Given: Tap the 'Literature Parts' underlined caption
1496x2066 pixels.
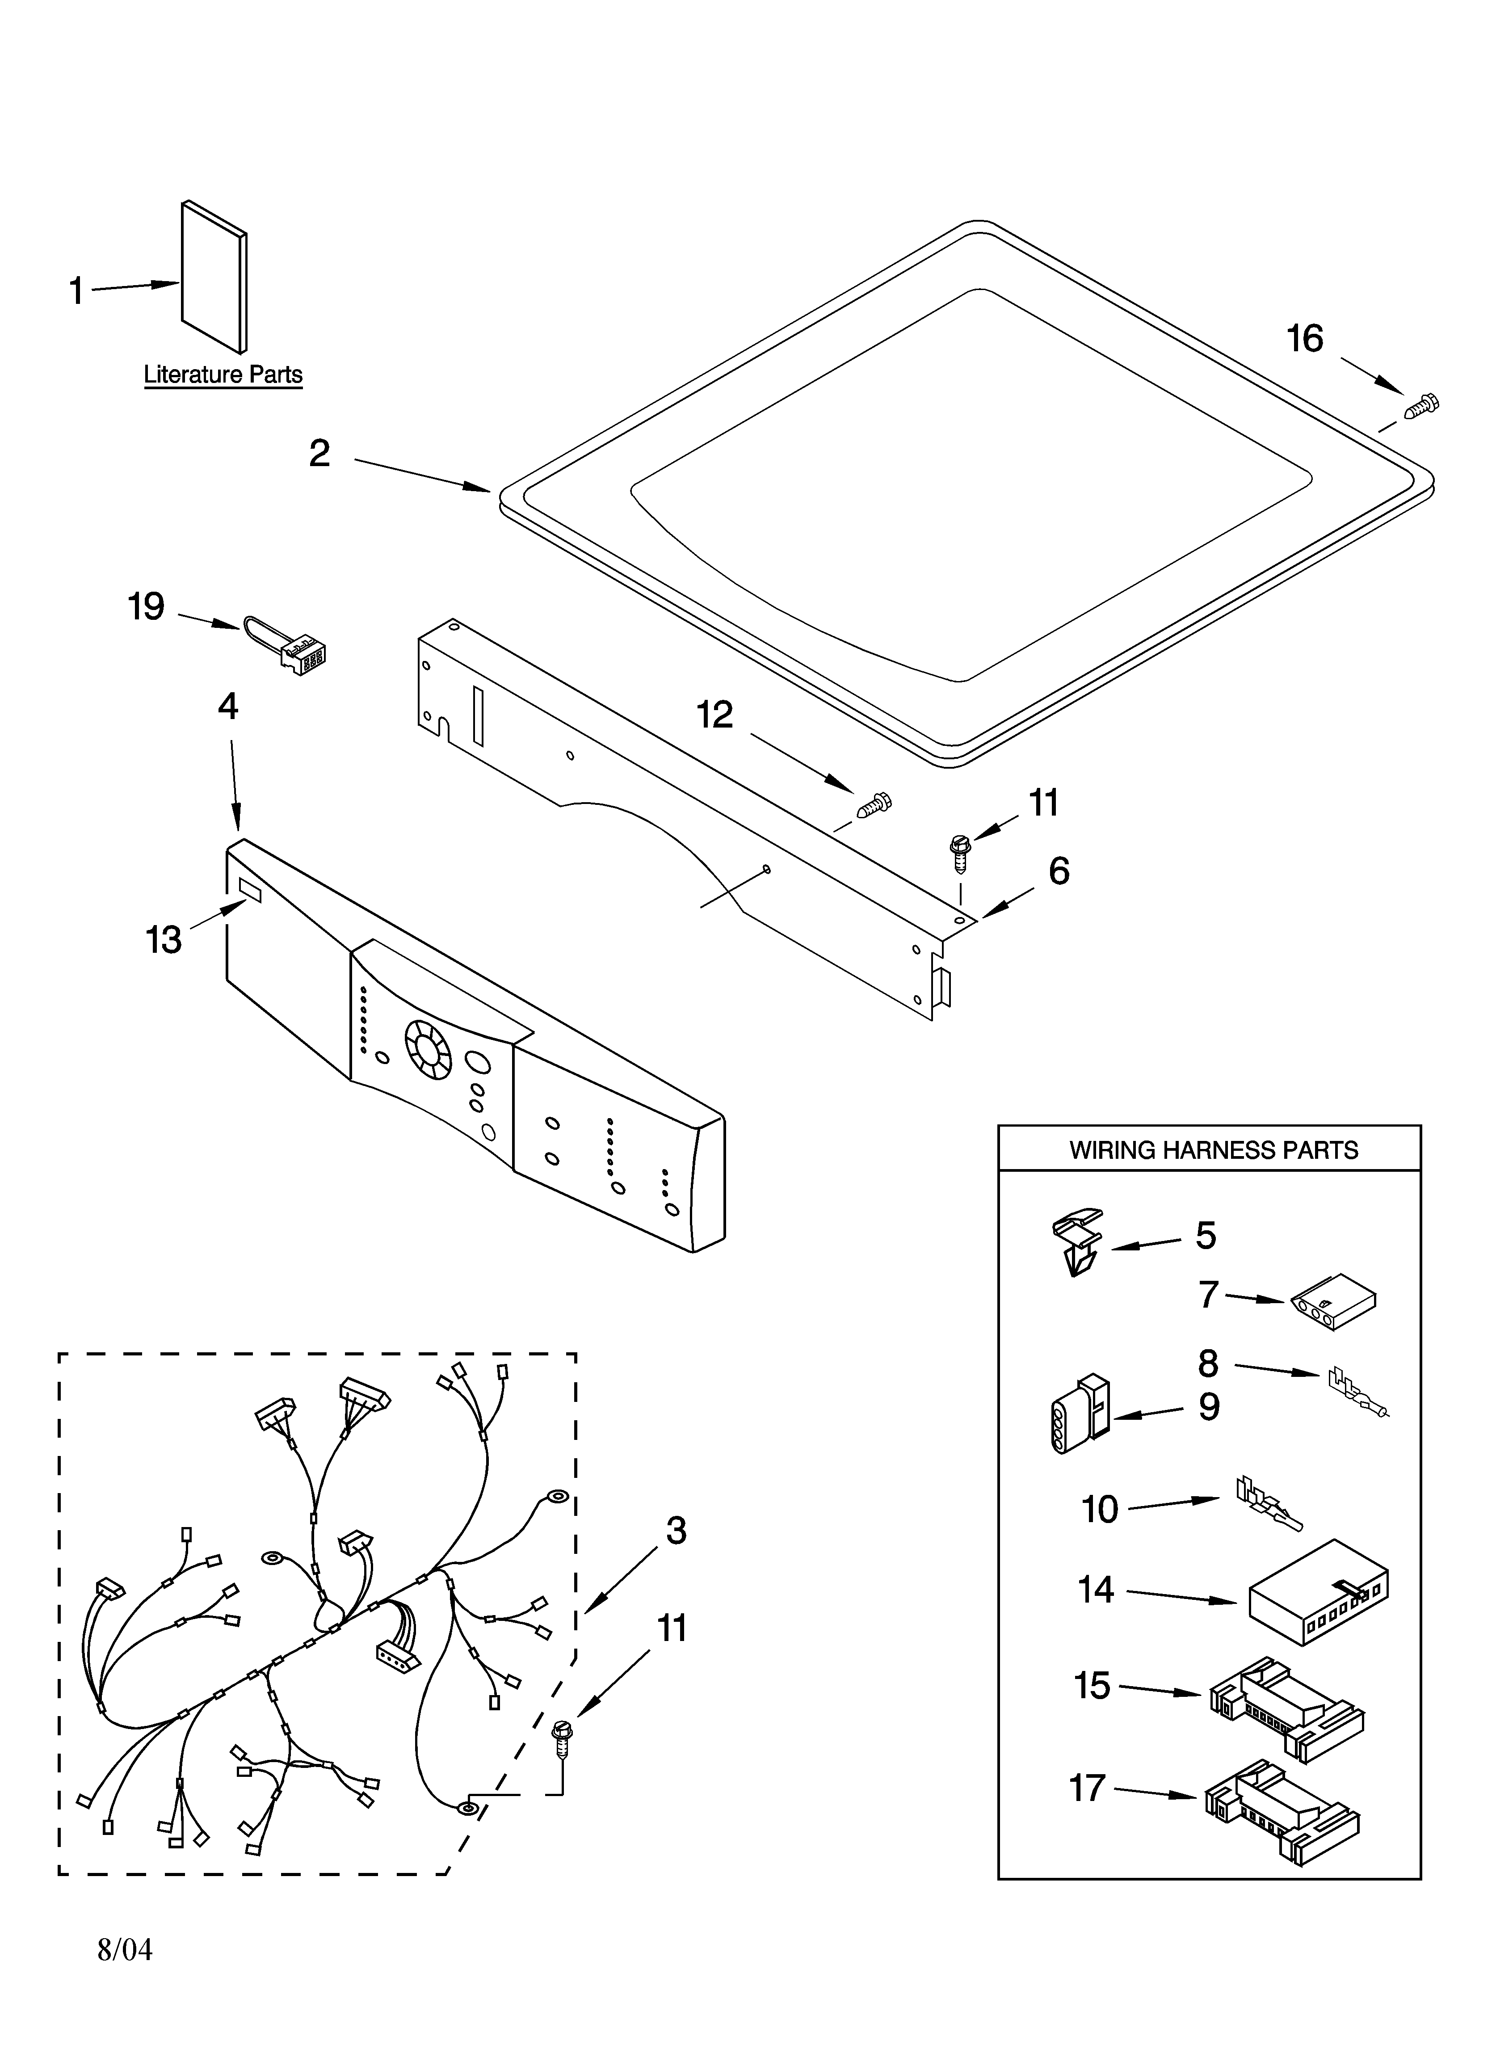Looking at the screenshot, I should [x=223, y=374].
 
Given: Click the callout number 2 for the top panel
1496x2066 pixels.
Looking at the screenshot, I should [x=319, y=453].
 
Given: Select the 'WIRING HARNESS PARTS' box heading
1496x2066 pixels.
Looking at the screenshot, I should [x=1213, y=1150].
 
